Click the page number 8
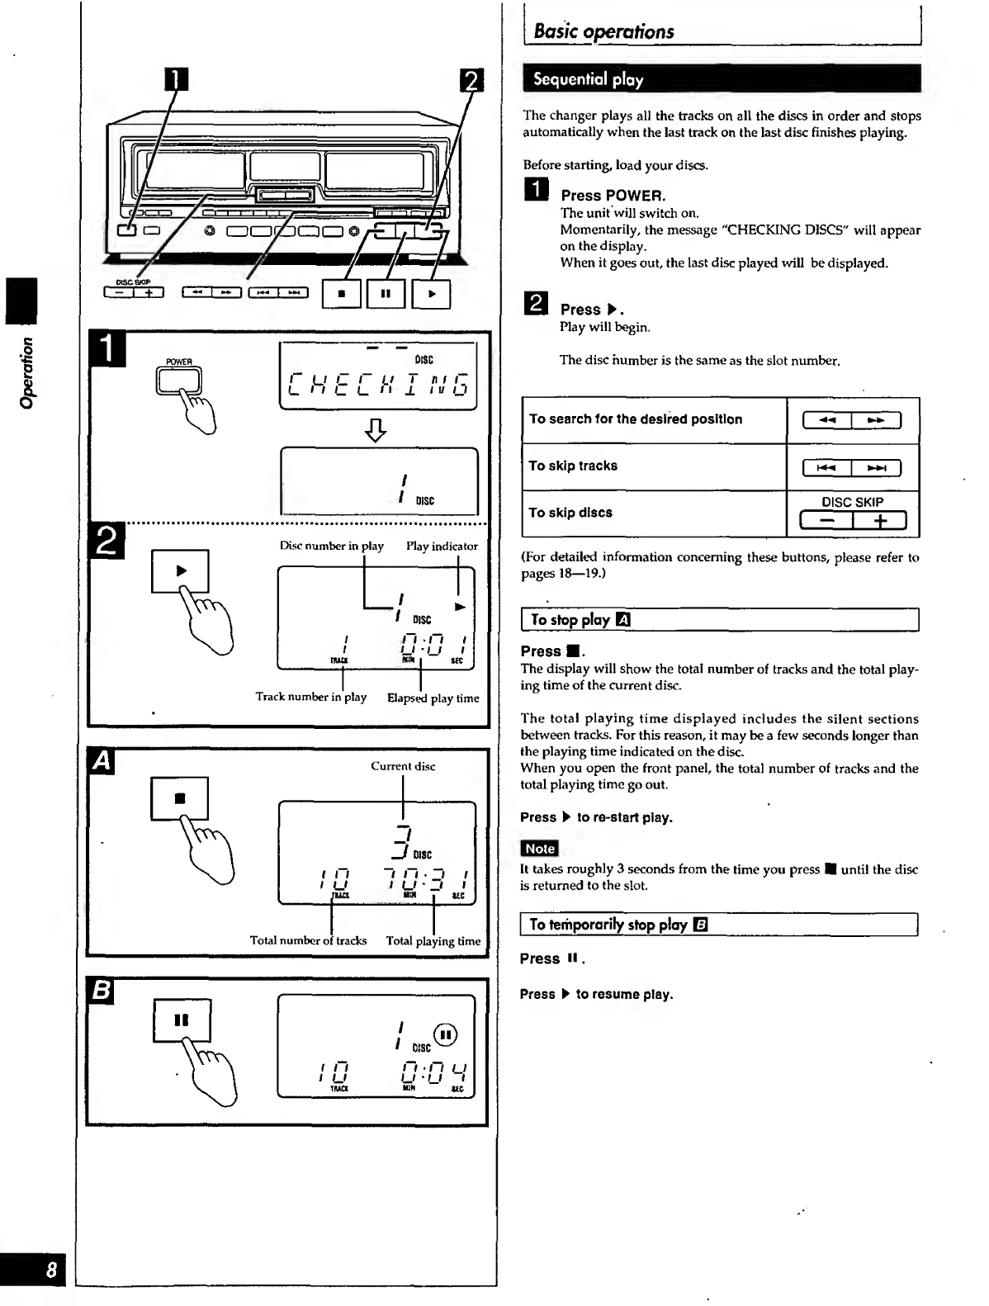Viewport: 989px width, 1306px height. tap(51, 1271)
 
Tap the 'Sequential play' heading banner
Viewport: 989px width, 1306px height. tap(588, 80)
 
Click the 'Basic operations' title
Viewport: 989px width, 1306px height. tap(603, 32)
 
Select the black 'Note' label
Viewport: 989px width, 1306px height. tap(540, 848)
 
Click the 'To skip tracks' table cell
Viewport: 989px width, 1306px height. tap(573, 466)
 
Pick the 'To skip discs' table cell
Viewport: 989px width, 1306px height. tap(570, 513)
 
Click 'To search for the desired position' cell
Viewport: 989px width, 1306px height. tap(636, 419)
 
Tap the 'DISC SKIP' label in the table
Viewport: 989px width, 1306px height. tap(852, 502)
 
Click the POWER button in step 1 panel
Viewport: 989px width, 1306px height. tap(179, 381)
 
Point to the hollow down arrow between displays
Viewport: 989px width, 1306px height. tap(376, 429)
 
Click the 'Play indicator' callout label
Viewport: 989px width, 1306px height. tap(442, 547)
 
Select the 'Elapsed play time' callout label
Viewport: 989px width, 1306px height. tap(433, 698)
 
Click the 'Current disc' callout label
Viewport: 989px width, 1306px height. tap(403, 766)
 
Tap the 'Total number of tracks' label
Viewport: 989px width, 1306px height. tap(308, 940)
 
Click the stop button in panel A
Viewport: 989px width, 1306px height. tap(180, 798)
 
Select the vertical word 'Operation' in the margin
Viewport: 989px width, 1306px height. tap(27, 372)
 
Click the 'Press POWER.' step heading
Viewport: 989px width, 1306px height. tap(613, 196)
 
